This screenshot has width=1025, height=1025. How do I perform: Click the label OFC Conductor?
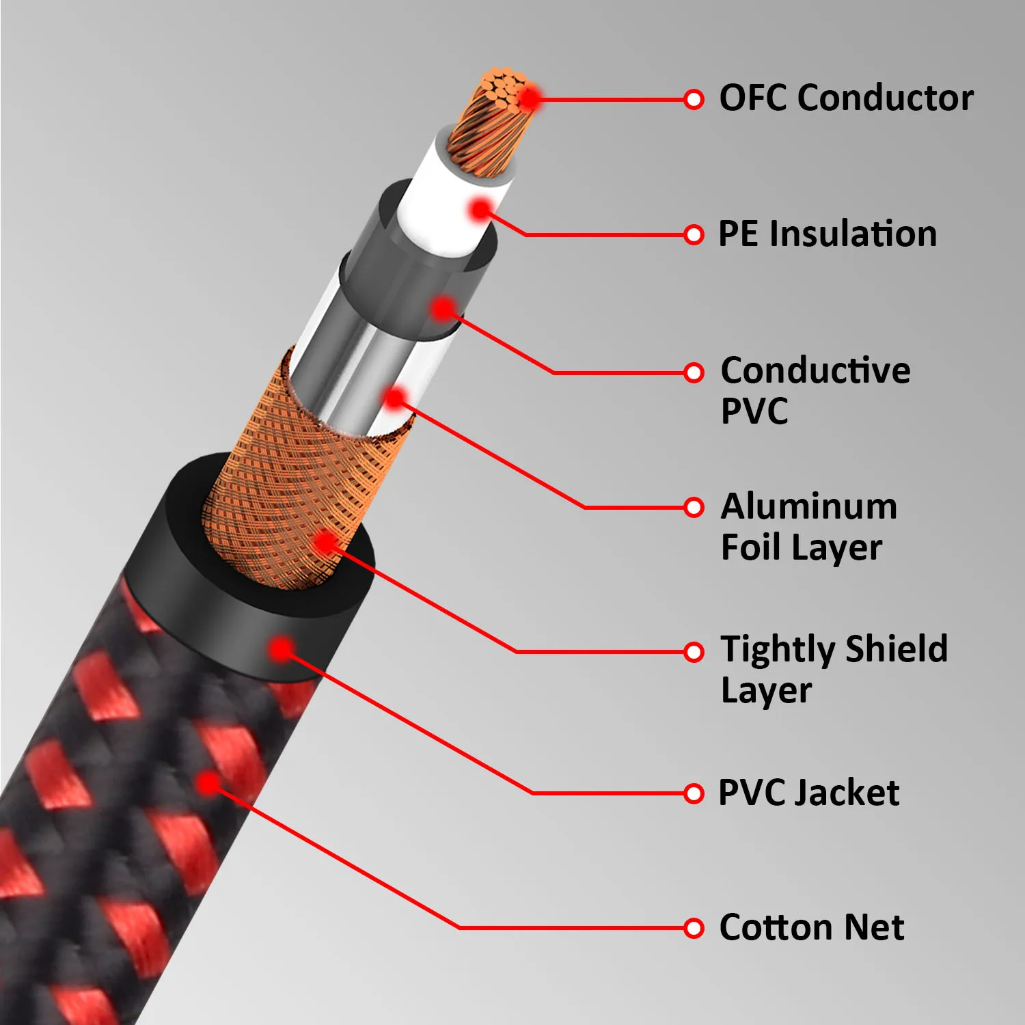point(846,98)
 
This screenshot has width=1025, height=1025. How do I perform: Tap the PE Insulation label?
point(828,234)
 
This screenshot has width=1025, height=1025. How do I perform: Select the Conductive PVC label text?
point(815,389)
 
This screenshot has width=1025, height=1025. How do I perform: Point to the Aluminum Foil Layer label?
point(809,526)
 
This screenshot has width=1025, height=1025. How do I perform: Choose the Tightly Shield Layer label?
point(834,668)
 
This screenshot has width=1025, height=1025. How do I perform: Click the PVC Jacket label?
point(809,793)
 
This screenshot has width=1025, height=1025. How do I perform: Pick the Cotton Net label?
point(812,927)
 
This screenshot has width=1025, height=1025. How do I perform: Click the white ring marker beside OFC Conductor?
point(694,100)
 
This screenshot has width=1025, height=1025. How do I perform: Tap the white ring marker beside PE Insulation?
point(694,235)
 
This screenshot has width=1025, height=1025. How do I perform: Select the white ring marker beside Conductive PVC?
point(694,372)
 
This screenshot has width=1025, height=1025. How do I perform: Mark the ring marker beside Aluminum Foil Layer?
point(694,508)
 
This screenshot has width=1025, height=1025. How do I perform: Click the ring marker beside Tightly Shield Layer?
point(694,652)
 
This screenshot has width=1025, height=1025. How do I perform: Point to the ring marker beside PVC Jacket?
point(694,793)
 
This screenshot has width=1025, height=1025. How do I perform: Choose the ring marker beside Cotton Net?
point(694,928)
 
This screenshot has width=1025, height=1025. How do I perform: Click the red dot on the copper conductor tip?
point(529,99)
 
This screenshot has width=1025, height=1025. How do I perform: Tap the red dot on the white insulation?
point(481,209)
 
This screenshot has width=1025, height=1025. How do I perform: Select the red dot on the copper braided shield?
point(326,543)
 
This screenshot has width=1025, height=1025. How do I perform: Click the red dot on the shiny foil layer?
point(395,398)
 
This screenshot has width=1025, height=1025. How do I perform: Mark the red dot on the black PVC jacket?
point(281,648)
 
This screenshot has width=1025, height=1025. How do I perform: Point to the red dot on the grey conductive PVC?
point(444,309)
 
